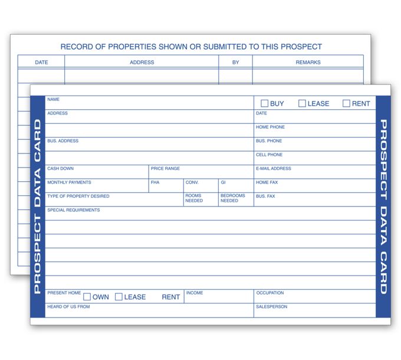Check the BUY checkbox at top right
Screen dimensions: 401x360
tap(265, 103)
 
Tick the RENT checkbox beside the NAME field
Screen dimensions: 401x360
tap(346, 103)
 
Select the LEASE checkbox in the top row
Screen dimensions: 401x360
tap(302, 103)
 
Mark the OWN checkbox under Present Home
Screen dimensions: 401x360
tap(87, 297)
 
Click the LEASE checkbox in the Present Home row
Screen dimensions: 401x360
tap(119, 297)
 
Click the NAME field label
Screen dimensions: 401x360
tap(53, 100)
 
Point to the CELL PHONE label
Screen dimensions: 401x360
tap(269, 155)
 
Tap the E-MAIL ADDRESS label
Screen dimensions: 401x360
tap(273, 169)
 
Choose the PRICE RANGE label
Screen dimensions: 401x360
tap(165, 169)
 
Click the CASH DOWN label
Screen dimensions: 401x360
tap(60, 169)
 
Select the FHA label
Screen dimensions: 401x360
tap(155, 182)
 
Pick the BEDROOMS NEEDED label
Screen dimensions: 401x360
tap(232, 198)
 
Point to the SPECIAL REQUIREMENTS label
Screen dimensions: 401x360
tap(73, 210)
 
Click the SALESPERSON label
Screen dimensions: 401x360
tap(271, 307)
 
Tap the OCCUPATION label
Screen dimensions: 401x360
tap(269, 293)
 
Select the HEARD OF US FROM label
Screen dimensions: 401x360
tap(68, 307)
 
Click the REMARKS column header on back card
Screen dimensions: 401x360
tap(308, 62)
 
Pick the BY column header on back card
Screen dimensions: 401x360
tap(235, 62)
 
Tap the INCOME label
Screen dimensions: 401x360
tap(195, 293)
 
